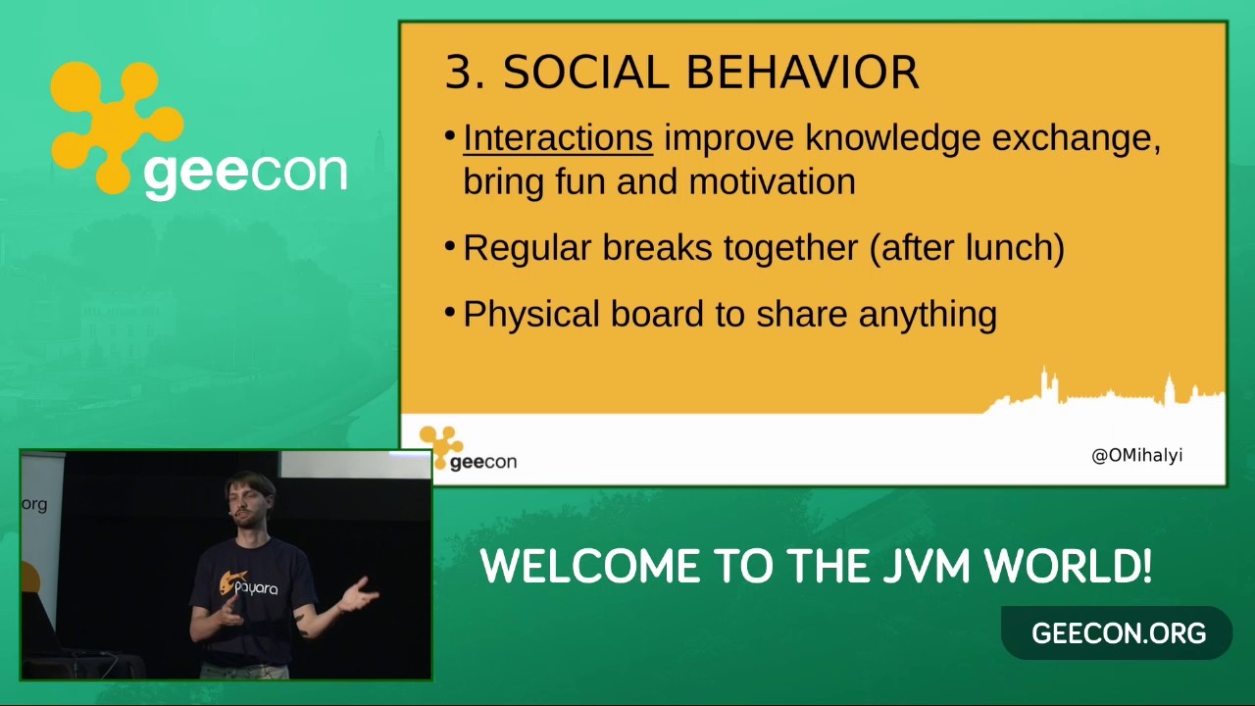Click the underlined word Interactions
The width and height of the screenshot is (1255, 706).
point(558,138)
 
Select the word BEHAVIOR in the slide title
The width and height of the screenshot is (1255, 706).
point(802,73)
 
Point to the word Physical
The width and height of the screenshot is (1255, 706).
point(531,315)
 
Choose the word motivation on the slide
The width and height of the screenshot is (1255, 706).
point(772,181)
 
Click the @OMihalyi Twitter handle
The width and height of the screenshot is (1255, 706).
point(1136,456)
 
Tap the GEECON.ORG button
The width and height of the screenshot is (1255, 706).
point(1118,633)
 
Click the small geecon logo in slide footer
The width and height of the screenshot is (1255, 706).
point(469,449)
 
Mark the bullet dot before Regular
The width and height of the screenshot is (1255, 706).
point(450,246)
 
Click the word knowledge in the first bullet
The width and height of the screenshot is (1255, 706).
point(893,138)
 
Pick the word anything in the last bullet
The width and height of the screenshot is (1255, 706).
point(928,315)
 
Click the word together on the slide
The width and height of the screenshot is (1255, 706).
point(790,248)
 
